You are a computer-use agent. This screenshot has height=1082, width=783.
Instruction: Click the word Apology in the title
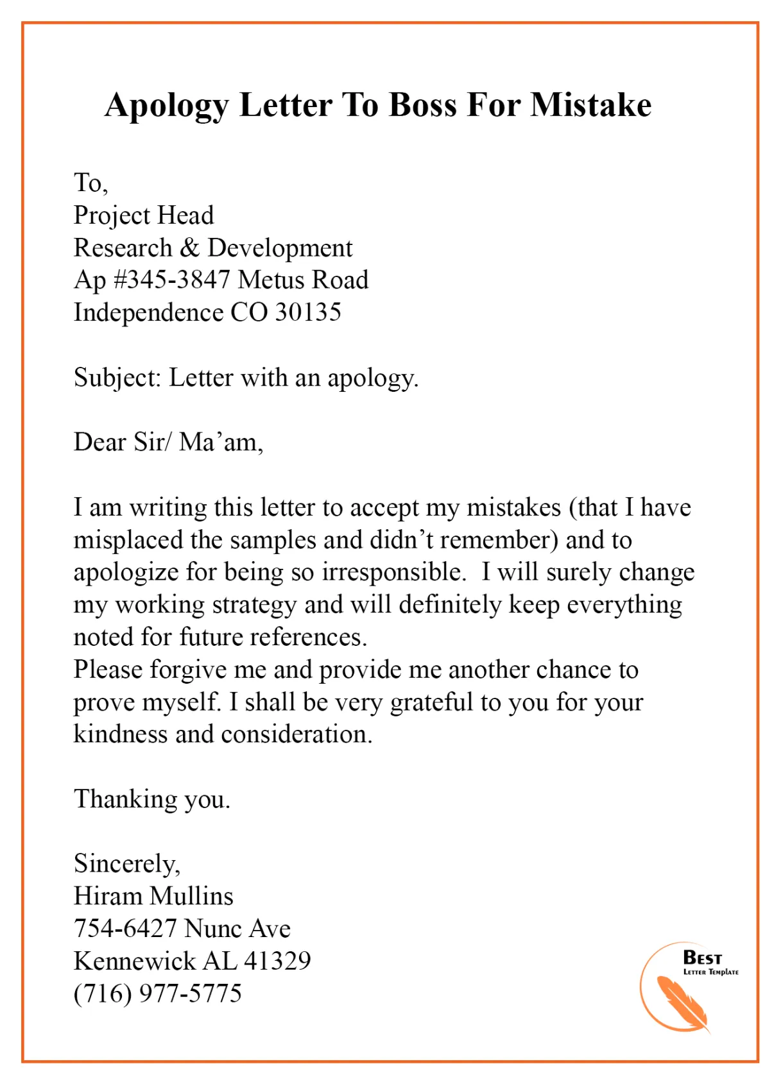click(x=167, y=106)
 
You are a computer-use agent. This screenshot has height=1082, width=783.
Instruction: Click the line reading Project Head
click(x=144, y=216)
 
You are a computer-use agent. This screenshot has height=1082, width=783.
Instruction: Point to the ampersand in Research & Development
click(x=190, y=248)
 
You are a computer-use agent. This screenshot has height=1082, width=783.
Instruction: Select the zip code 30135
click(x=308, y=313)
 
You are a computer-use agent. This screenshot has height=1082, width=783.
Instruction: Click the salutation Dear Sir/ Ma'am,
click(x=168, y=443)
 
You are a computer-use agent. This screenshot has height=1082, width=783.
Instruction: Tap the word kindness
click(x=120, y=734)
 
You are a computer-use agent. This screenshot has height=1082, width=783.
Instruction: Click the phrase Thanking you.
click(x=151, y=800)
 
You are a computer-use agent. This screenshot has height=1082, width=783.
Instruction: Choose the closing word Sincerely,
click(x=127, y=864)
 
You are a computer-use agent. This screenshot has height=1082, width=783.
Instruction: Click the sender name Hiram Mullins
click(x=153, y=897)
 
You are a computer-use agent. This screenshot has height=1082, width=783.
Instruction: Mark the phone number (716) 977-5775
click(x=158, y=993)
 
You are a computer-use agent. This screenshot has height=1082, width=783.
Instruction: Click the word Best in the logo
click(x=702, y=958)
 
